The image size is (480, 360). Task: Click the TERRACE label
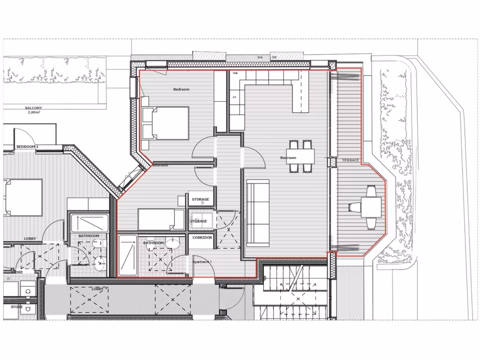pos(351,160)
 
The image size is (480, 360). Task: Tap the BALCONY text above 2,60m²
pos(34,108)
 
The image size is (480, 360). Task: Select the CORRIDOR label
pos(202,238)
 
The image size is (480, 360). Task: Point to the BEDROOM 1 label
pos(27,147)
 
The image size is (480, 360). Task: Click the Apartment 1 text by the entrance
pos(202,261)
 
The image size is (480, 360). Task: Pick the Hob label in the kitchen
pos(235,73)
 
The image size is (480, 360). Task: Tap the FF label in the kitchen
pos(234,97)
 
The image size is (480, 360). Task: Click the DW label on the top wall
pos(274,57)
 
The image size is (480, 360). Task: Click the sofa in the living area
pos(257,213)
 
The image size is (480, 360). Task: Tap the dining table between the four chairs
pos(300,155)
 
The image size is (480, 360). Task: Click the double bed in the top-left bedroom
pos(165,123)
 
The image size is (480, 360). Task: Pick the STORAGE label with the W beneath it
pos(201,200)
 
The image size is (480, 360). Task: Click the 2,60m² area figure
pos(34,112)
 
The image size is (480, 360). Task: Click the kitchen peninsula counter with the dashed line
pos(300,96)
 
